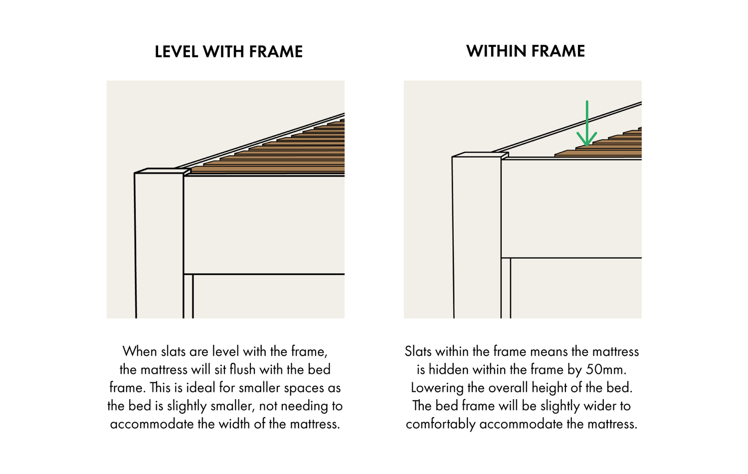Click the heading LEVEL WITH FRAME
(x=228, y=52)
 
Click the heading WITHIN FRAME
(x=526, y=51)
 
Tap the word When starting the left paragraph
(x=140, y=351)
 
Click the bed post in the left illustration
(x=159, y=244)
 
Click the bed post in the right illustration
(x=477, y=234)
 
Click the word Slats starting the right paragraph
(x=418, y=351)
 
